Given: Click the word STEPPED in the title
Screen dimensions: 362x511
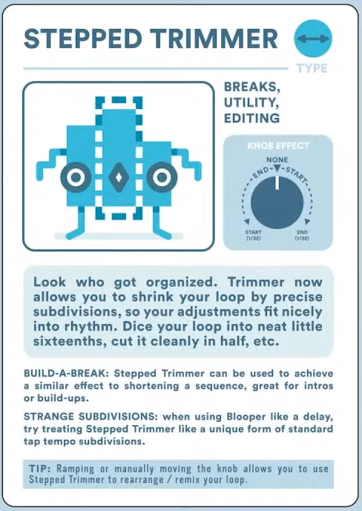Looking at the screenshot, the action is (83, 39).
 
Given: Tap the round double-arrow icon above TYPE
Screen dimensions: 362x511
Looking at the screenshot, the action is (313, 39).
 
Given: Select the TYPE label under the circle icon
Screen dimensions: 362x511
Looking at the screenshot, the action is (312, 68).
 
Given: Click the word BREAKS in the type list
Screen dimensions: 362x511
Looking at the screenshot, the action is (252, 88).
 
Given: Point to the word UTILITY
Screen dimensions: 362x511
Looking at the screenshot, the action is (251, 102).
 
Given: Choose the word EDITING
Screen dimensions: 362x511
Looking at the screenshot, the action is (252, 118).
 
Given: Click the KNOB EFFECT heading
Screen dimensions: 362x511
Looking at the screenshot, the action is (278, 145).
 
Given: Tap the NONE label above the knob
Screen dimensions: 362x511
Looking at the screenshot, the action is (277, 159).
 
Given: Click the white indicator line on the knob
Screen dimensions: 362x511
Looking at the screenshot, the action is (277, 183).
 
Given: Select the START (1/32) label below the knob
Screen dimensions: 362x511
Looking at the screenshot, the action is (253, 235).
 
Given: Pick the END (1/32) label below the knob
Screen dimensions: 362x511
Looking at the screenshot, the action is (302, 235).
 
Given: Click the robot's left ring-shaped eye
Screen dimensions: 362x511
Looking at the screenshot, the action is (76, 177).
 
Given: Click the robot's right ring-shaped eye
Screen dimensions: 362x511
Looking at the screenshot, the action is (162, 177).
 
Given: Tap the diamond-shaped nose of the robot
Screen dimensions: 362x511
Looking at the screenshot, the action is (119, 177).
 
